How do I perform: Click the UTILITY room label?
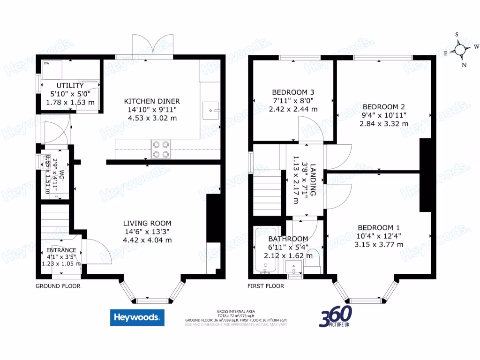(x=70, y=86)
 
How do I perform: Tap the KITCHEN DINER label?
(x=151, y=101)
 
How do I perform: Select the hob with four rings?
(x=160, y=149)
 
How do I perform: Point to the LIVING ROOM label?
(x=147, y=223)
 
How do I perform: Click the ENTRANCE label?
(x=61, y=250)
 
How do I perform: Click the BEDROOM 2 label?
(x=383, y=106)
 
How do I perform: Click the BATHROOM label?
(x=288, y=239)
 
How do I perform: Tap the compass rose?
(x=460, y=49)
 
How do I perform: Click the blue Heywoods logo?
(x=137, y=317)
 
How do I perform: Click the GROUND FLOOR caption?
(x=58, y=285)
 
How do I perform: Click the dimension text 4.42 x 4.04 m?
(x=147, y=240)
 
